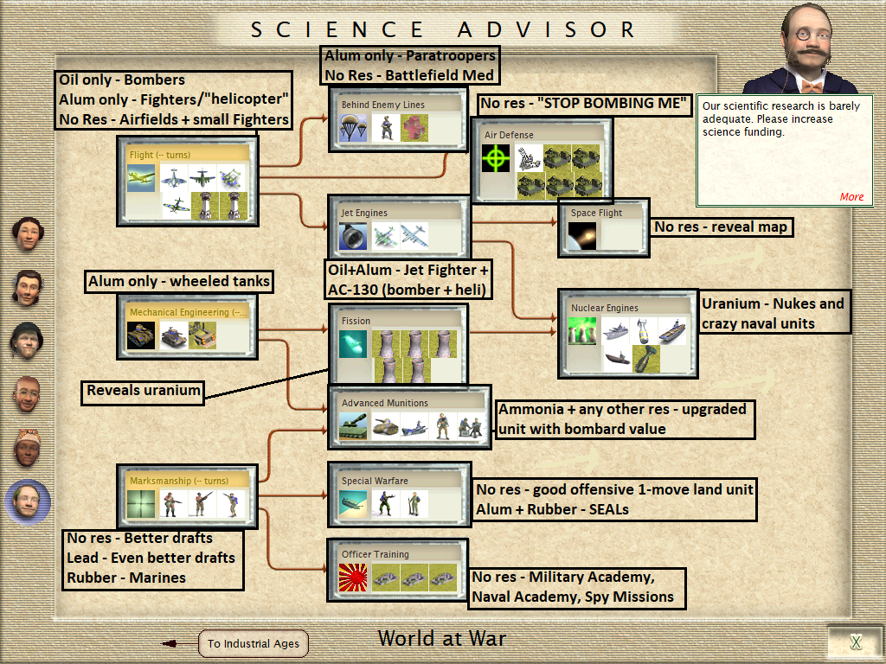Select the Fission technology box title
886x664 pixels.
pos(356,321)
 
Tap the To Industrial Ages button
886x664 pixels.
pos(254,643)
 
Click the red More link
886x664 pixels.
pos(851,196)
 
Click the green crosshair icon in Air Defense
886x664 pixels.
pos(497,158)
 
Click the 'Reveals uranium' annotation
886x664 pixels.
pos(144,391)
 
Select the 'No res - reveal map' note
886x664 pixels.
pos(721,227)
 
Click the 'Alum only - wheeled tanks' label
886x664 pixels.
pos(179,281)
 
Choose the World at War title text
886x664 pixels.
pos(442,639)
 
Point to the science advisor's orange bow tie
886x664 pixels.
pos(812,86)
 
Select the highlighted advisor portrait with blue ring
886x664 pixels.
pos(28,501)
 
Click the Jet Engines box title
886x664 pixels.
pos(364,213)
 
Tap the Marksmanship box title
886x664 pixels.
pos(178,481)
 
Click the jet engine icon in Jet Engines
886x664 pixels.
pos(354,235)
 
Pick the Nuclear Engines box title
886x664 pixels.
pos(605,308)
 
